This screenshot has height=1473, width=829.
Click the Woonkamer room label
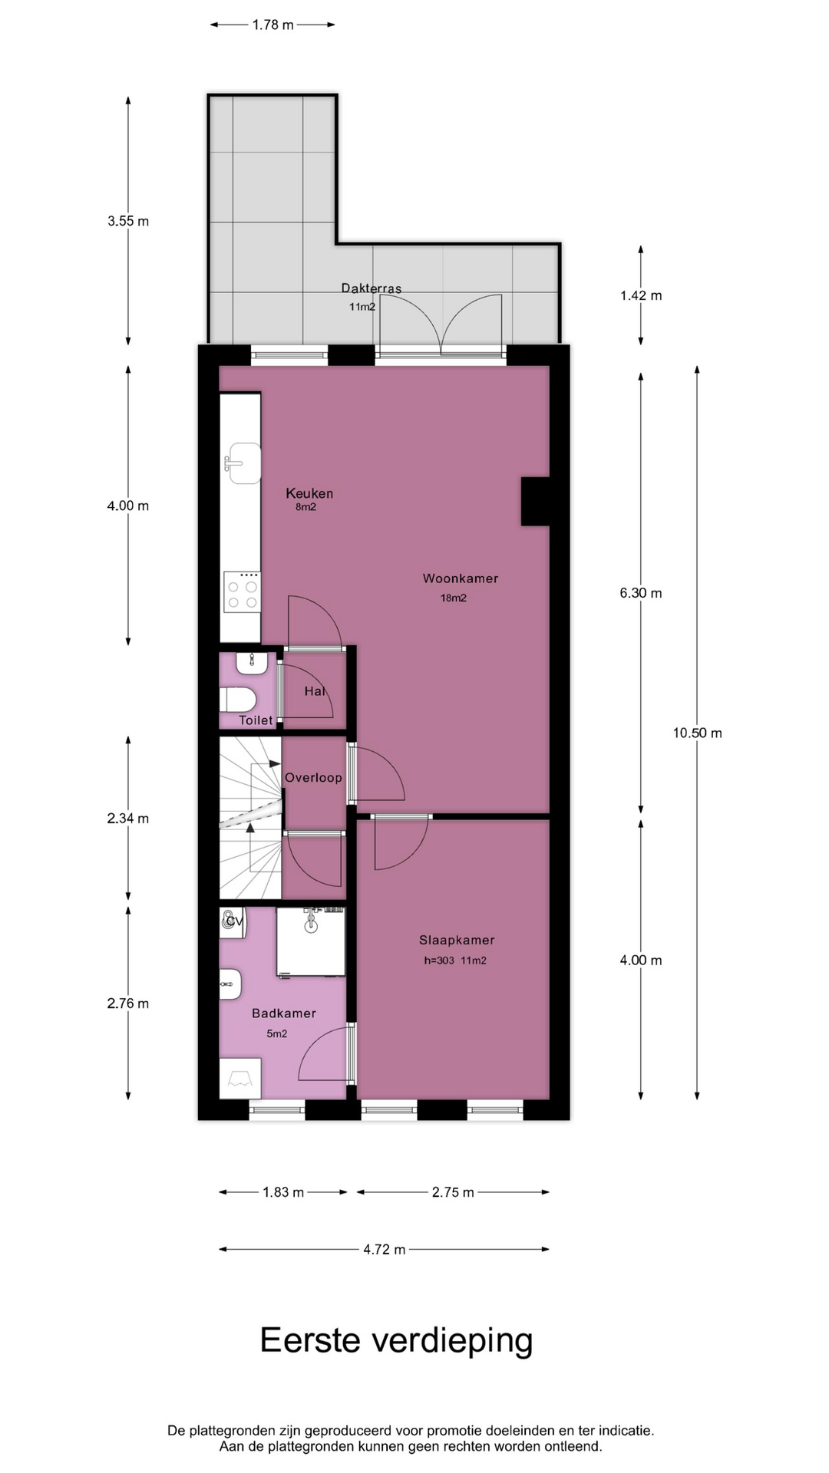point(460,578)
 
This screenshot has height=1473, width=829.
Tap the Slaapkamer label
point(457,940)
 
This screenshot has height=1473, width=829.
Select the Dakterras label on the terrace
point(372,288)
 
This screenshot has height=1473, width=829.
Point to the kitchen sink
point(243,463)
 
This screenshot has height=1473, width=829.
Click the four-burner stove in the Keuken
point(242,592)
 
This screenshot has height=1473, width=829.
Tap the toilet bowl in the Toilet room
point(237,699)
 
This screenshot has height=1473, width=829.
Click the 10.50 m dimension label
point(697,733)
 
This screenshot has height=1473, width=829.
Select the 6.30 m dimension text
point(641,593)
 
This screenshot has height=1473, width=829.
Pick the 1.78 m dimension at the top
point(272,25)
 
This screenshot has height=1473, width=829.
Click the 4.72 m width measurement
point(384,1250)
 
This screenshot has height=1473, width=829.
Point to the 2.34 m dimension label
point(128,819)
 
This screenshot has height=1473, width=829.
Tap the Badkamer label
point(284,1013)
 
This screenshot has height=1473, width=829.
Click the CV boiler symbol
point(233,922)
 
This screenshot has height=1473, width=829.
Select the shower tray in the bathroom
point(311,942)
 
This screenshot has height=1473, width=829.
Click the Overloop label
point(313,778)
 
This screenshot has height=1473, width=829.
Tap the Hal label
point(315,691)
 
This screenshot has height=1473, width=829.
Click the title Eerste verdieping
point(396,1341)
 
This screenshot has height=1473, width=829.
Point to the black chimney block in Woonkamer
point(536,502)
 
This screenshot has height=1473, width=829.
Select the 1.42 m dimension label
point(641,295)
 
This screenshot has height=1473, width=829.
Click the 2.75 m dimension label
point(453,1192)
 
